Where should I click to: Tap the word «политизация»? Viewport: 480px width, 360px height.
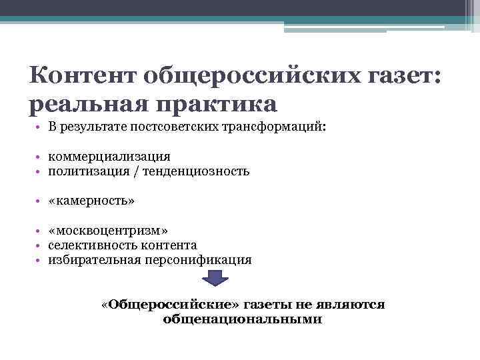[x=82, y=171]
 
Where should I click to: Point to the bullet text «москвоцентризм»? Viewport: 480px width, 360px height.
[x=103, y=231]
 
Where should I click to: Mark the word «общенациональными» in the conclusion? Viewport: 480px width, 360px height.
[x=242, y=319]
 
